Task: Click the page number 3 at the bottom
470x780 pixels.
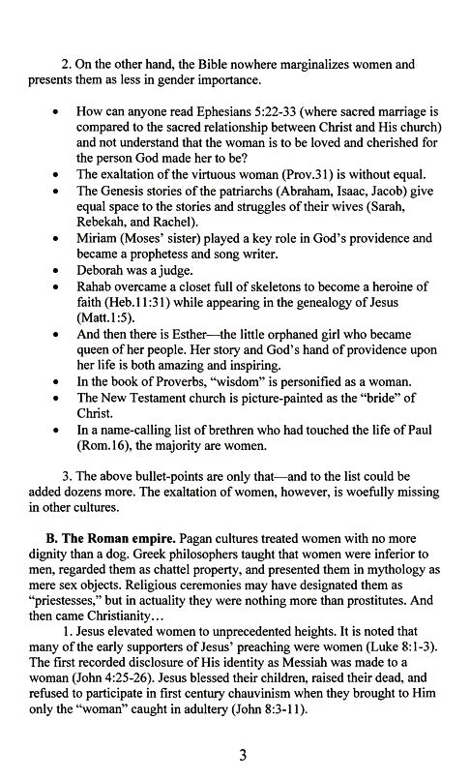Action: (x=235, y=756)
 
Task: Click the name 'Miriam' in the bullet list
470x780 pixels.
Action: (x=99, y=238)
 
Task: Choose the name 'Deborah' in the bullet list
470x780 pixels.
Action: (x=102, y=270)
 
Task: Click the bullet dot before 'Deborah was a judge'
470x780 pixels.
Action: (x=63, y=271)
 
